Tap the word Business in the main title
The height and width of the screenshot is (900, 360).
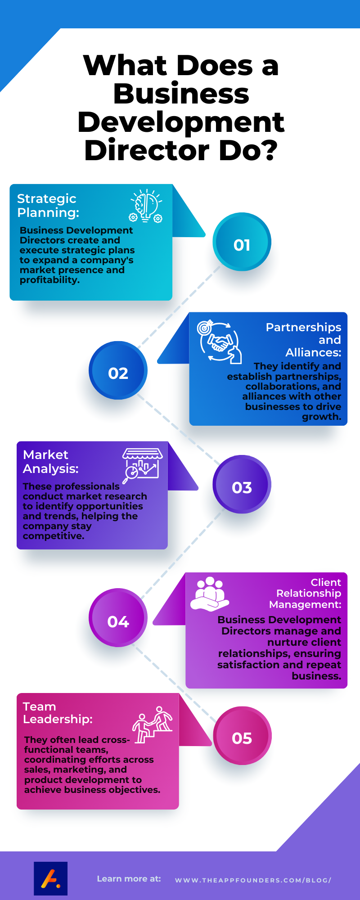point(181,94)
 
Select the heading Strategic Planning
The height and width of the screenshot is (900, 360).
point(48,205)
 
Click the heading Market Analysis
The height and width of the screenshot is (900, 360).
point(50,462)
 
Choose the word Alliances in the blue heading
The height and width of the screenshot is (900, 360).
point(313,352)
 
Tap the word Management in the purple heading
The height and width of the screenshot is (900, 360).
point(305,604)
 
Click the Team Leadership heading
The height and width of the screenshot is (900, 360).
point(57,713)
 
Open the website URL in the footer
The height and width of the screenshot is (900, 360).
point(253,880)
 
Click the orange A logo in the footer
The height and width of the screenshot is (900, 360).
point(50,878)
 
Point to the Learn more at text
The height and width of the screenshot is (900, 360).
point(129,879)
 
